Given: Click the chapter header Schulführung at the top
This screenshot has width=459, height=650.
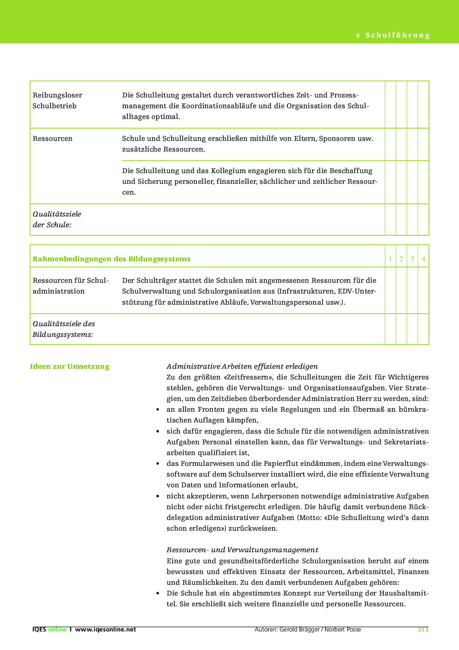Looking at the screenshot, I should click(x=397, y=36).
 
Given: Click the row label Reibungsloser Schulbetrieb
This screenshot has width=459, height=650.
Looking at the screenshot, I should click(x=57, y=100).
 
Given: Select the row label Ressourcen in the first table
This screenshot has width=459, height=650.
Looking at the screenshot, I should click(x=53, y=139).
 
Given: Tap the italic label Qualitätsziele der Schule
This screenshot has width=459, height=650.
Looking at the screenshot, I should click(x=57, y=219).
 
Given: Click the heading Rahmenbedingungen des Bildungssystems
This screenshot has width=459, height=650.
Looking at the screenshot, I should click(x=111, y=259).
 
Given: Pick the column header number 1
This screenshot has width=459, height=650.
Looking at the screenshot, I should click(x=390, y=259).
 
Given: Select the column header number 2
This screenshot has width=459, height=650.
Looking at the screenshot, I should click(x=401, y=259).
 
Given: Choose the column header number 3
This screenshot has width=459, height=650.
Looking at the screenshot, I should click(x=412, y=259).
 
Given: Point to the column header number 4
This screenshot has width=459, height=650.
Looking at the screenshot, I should click(x=423, y=259).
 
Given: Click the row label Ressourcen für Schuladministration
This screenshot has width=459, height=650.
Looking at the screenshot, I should click(x=70, y=286).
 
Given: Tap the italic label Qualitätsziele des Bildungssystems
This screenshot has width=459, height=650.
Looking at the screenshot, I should click(x=64, y=329).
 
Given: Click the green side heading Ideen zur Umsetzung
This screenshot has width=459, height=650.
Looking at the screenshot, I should click(x=70, y=367).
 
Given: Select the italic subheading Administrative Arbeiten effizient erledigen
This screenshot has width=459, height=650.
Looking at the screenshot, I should click(x=242, y=367).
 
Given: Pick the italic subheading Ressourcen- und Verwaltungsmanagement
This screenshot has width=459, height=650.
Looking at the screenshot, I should click(x=242, y=550).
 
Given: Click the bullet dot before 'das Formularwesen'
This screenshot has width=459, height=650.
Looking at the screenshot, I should click(x=158, y=464).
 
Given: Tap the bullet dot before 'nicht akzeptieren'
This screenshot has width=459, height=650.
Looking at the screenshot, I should click(x=158, y=496).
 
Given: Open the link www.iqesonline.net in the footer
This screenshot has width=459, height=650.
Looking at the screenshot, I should click(x=105, y=630).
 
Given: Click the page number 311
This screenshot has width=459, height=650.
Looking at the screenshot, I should click(x=423, y=629).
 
